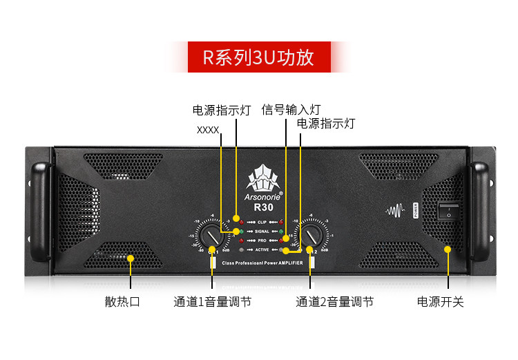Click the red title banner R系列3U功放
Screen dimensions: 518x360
tap(258, 57)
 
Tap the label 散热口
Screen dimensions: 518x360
tap(122, 302)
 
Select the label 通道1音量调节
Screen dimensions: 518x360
tap(212, 302)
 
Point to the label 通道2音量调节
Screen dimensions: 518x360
tap(335, 302)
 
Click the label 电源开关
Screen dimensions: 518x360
tap(440, 302)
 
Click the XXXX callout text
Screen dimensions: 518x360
tap(208, 129)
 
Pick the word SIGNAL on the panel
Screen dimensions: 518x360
tap(262, 231)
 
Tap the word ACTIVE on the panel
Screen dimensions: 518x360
tap(262, 249)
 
